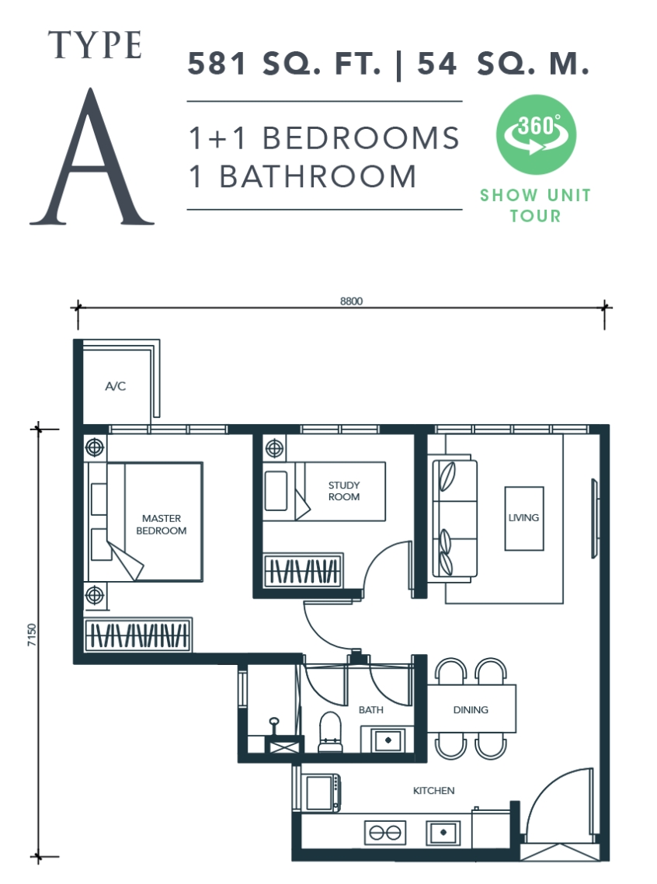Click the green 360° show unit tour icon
tap(536, 134)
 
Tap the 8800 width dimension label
tap(351, 301)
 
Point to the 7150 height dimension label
tap(32, 635)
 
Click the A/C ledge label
tap(116, 386)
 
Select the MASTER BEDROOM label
tap(162, 524)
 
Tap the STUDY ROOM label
tap(344, 491)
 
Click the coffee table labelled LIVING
tap(524, 518)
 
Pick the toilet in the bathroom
tap(330, 732)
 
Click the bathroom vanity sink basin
tap(388, 740)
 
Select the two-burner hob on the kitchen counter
tap(385, 832)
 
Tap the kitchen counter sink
tap(443, 832)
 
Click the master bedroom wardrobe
tap(138, 635)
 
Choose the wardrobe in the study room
tap(303, 571)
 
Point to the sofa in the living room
tap(455, 519)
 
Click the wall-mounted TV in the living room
tap(594, 518)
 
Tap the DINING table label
tap(471, 710)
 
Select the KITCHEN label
tap(433, 791)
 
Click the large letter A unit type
tap(92, 157)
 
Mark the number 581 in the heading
tap(217, 63)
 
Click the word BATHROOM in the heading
tap(318, 176)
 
